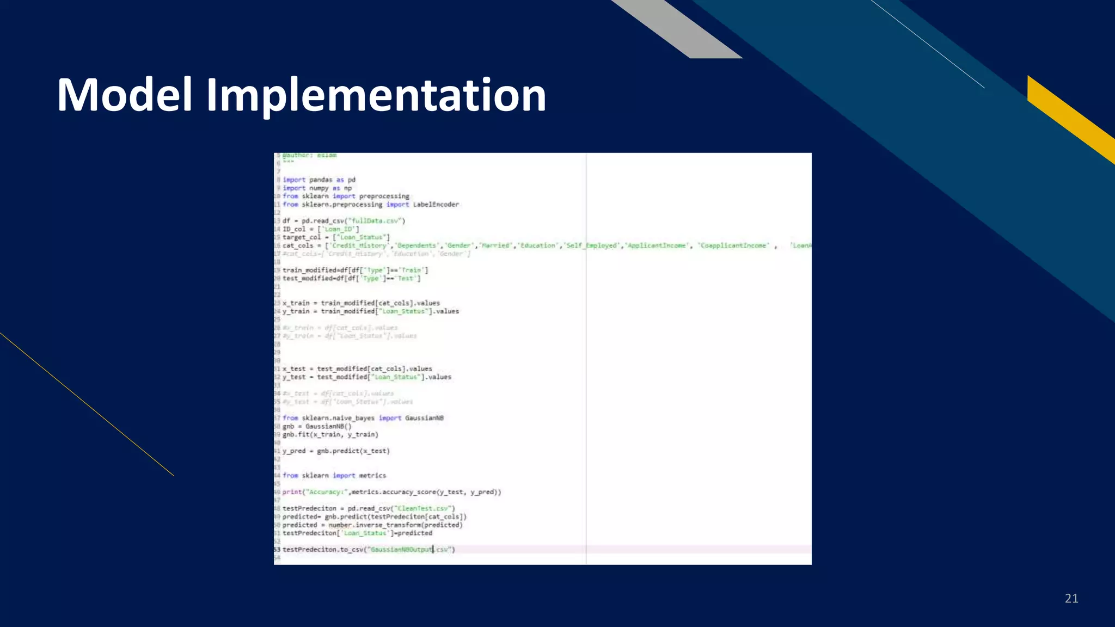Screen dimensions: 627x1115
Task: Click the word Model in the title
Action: [125, 95]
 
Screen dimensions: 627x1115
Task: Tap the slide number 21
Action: [1071, 599]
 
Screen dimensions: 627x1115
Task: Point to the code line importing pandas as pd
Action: [319, 180]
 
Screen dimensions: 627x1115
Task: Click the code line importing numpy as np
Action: [317, 188]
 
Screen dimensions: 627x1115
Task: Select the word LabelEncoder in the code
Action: [436, 205]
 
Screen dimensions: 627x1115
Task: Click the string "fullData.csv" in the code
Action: [377, 221]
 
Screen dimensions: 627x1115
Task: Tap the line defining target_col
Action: [336, 237]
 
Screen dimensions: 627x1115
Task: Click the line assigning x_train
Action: [361, 303]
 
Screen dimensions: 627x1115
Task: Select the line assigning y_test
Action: [366, 377]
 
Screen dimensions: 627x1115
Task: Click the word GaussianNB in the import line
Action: [424, 418]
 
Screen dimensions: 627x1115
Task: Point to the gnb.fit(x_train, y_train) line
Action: [330, 434]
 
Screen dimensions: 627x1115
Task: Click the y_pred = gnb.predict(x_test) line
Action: [336, 451]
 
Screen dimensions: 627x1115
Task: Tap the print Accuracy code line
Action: [391, 492]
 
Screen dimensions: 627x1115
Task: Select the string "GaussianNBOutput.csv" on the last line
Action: [411, 550]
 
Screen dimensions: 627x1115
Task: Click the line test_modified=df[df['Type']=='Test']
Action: [351, 279]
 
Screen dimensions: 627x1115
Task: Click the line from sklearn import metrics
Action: [334, 476]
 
